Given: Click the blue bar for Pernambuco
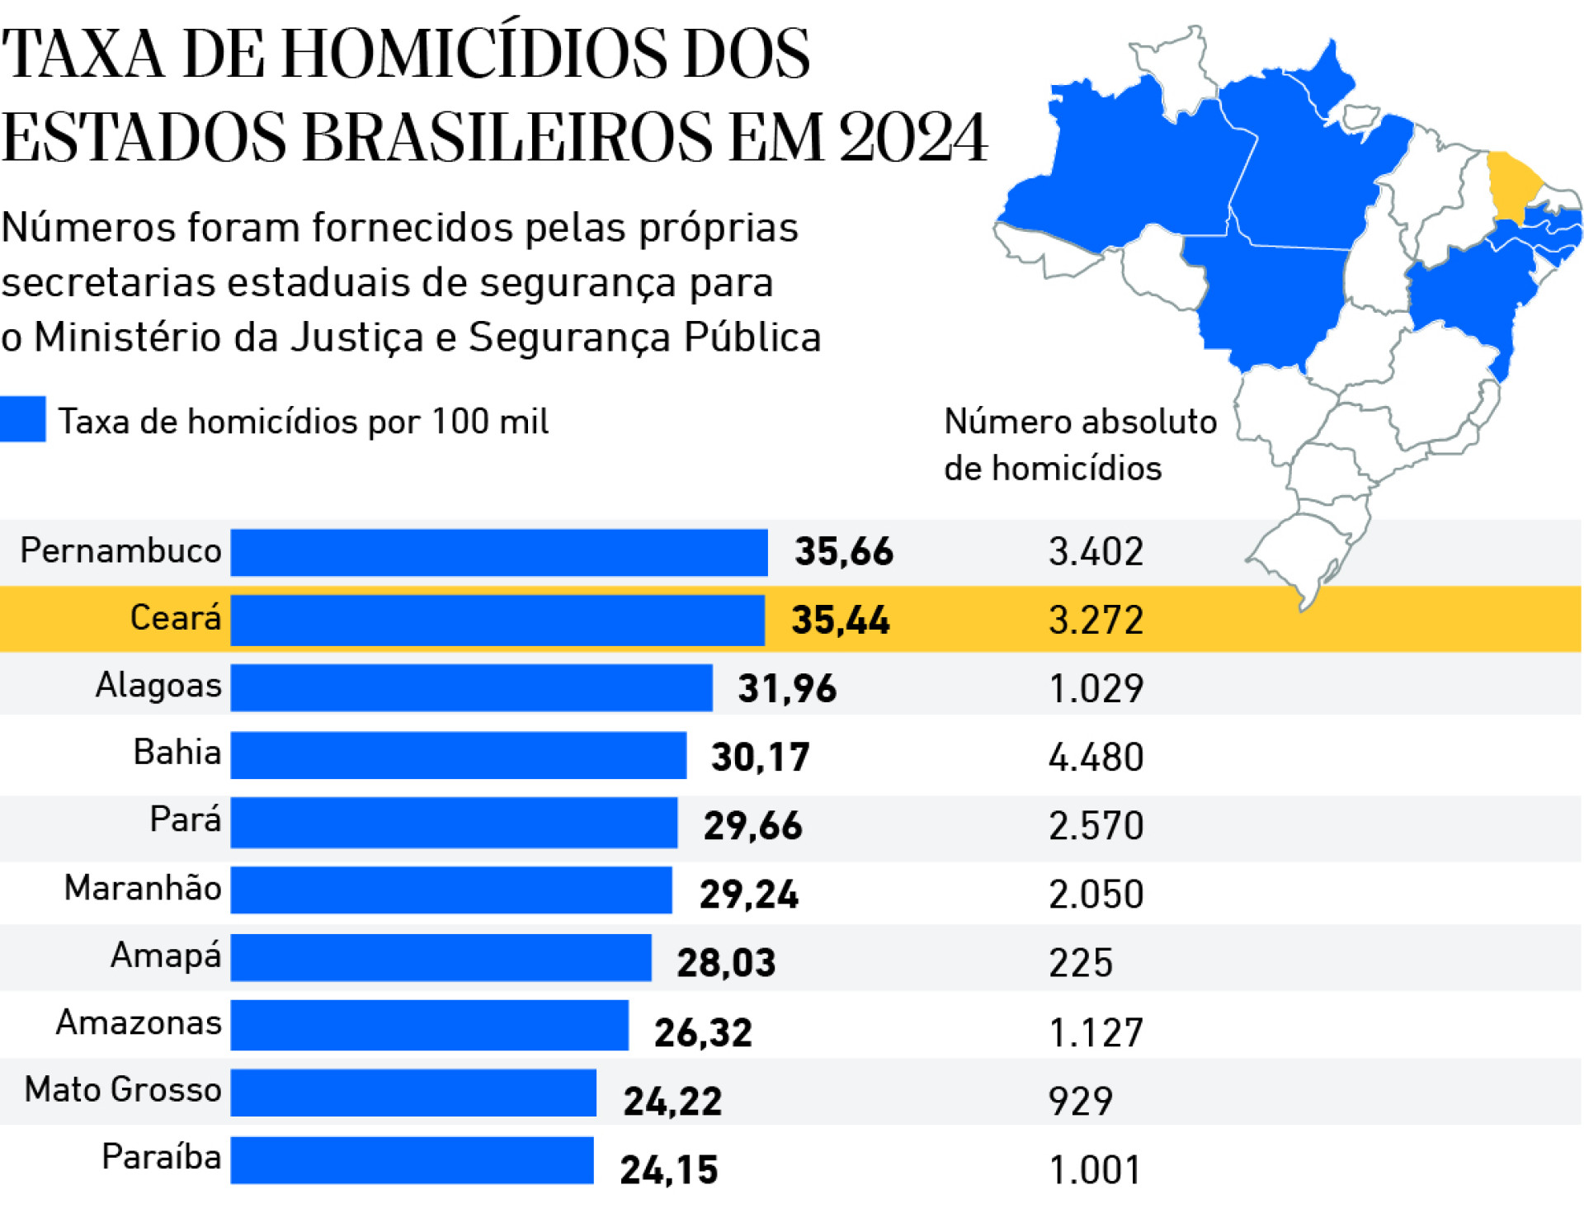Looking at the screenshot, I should [498, 552].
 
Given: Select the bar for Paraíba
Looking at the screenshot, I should [412, 1160].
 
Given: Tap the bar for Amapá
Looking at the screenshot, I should [441, 957].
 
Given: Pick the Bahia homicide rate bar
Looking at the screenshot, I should [458, 755].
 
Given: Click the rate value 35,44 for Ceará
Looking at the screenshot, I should [840, 621].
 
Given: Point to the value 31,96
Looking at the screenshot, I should [786, 689].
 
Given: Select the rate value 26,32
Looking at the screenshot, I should [703, 1032].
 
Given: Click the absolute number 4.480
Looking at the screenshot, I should [1096, 758].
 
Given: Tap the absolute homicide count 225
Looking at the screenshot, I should [1080, 963].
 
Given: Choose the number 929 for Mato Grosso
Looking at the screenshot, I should [1080, 1101].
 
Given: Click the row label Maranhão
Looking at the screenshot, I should [143, 888].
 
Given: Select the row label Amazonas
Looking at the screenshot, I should [139, 1022].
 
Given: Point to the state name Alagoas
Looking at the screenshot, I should [158, 685].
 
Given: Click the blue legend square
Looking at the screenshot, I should [22, 419].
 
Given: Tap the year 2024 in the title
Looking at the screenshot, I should [912, 137].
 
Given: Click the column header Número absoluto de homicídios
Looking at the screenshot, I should [1079, 444].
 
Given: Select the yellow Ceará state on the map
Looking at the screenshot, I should [1511, 183].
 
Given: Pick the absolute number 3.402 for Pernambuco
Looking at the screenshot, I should [1096, 552].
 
